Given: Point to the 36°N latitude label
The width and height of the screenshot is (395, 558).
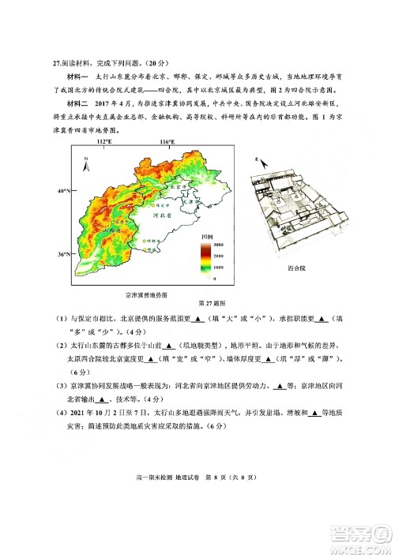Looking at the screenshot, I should [64, 254].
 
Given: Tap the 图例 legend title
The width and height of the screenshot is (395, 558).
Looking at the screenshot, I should [207, 235].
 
